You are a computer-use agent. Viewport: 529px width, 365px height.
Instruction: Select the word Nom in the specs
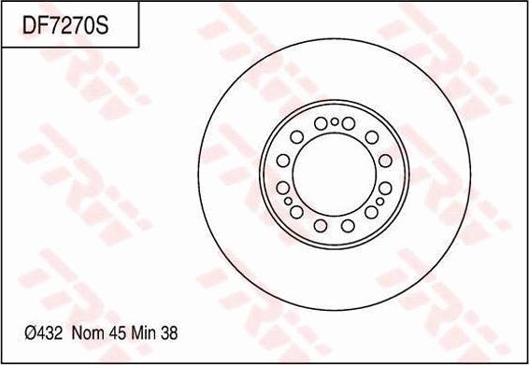(x=86, y=332)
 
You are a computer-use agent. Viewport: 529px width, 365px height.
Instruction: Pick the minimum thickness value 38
(x=170, y=332)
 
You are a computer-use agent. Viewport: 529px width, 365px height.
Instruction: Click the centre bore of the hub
(x=335, y=174)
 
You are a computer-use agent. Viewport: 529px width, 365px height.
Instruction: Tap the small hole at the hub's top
(x=335, y=121)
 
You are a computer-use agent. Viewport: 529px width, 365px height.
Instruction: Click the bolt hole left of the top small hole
(x=321, y=122)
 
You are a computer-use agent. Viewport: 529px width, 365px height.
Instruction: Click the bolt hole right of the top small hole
(x=349, y=122)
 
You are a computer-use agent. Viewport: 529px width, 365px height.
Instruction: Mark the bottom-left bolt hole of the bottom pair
(x=321, y=225)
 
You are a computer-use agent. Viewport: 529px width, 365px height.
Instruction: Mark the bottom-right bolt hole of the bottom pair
(x=348, y=225)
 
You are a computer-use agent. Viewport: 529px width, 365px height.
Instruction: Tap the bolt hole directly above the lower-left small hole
(x=283, y=188)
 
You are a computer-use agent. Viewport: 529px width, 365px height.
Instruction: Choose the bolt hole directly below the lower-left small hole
(x=296, y=212)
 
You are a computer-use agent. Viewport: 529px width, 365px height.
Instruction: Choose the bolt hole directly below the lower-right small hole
(x=371, y=212)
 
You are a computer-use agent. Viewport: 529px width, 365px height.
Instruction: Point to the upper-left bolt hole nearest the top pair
(x=296, y=136)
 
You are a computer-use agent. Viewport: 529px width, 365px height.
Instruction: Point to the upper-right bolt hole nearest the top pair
(x=371, y=137)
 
